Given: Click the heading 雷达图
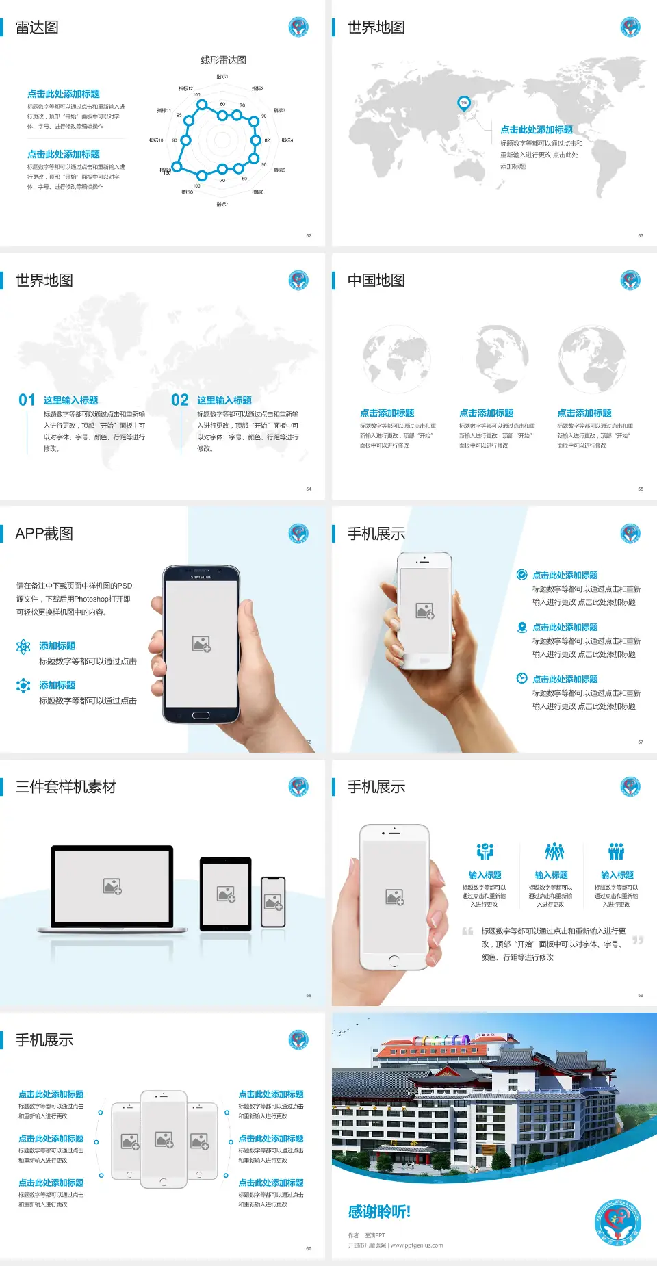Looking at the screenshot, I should [37, 27].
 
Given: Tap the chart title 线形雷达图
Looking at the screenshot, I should [223, 60].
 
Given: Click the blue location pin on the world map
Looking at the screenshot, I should [463, 103].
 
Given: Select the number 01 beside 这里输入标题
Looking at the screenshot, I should [27, 400].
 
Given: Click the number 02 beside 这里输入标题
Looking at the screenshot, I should [180, 400].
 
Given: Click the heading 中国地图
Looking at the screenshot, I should [376, 281].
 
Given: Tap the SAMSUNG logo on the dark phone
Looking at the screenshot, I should [201, 577].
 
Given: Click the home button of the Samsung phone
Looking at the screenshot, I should [201, 715].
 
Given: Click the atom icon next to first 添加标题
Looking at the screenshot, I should [23, 647].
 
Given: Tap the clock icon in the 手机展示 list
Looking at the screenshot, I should [521, 678].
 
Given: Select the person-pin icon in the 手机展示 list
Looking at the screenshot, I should [521, 627].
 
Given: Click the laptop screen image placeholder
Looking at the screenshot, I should [112, 886].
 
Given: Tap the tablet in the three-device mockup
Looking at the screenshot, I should [226, 893].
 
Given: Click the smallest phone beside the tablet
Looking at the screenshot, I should [273, 902].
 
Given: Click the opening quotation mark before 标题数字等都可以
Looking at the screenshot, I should [467, 931].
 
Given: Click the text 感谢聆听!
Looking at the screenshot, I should [379, 1212].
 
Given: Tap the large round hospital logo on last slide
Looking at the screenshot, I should [618, 1222].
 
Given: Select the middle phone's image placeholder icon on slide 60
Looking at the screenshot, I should [164, 1139].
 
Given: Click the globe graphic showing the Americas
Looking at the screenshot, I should [502, 359].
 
